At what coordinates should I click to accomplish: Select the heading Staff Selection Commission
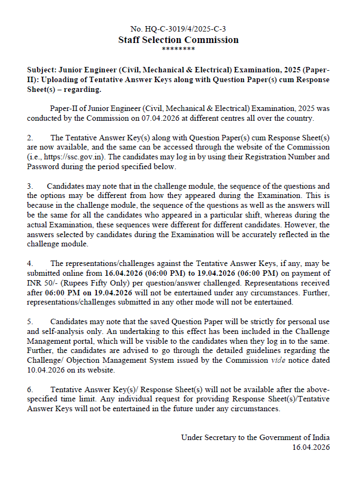tap(178, 40)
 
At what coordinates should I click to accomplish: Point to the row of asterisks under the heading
tap(178, 49)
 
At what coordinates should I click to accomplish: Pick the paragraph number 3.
tap(30, 186)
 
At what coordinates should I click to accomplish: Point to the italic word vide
tap(277, 360)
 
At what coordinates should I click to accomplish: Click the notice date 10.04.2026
tap(43, 370)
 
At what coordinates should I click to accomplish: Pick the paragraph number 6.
tap(30, 389)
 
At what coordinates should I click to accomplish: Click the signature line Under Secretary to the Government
tap(255, 437)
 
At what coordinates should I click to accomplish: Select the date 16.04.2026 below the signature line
tap(311, 447)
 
